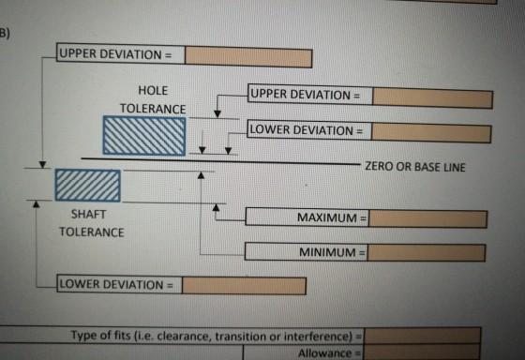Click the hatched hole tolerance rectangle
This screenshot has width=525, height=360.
pyautogui.click(x=144, y=136)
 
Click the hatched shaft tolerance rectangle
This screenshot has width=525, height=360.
pyautogui.click(x=88, y=186)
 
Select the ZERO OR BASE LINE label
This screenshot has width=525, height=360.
pyautogui.click(x=414, y=167)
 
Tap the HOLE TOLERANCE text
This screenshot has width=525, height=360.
pyautogui.click(x=153, y=99)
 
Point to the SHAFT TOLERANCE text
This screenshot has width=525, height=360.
pyautogui.click(x=92, y=223)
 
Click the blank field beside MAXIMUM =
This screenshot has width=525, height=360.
pyautogui.click(x=427, y=219)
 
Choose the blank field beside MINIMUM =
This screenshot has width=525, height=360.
pyautogui.click(x=427, y=252)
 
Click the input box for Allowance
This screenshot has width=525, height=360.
pyautogui.click(x=422, y=352)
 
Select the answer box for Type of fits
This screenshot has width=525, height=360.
pyautogui.click(x=423, y=336)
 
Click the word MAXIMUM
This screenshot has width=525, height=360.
pyautogui.click(x=327, y=217)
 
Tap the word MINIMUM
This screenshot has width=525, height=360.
pyautogui.click(x=327, y=252)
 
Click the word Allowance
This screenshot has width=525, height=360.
pyautogui.click(x=324, y=353)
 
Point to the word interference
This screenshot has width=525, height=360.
pyautogui.click(x=317, y=337)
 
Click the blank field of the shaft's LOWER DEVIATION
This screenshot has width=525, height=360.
pyautogui.click(x=244, y=286)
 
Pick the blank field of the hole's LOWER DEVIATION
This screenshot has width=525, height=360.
pyautogui.click(x=431, y=132)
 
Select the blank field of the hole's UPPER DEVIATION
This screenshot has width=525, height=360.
pyautogui.click(x=432, y=98)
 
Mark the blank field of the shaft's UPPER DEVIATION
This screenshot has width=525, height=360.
pyautogui.click(x=248, y=56)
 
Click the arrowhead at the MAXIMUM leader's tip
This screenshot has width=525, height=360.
pyautogui.click(x=216, y=207)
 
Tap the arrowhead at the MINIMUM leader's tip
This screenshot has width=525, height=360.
pyautogui.click(x=201, y=175)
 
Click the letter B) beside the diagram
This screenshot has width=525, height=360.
pyautogui.click(x=5, y=34)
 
